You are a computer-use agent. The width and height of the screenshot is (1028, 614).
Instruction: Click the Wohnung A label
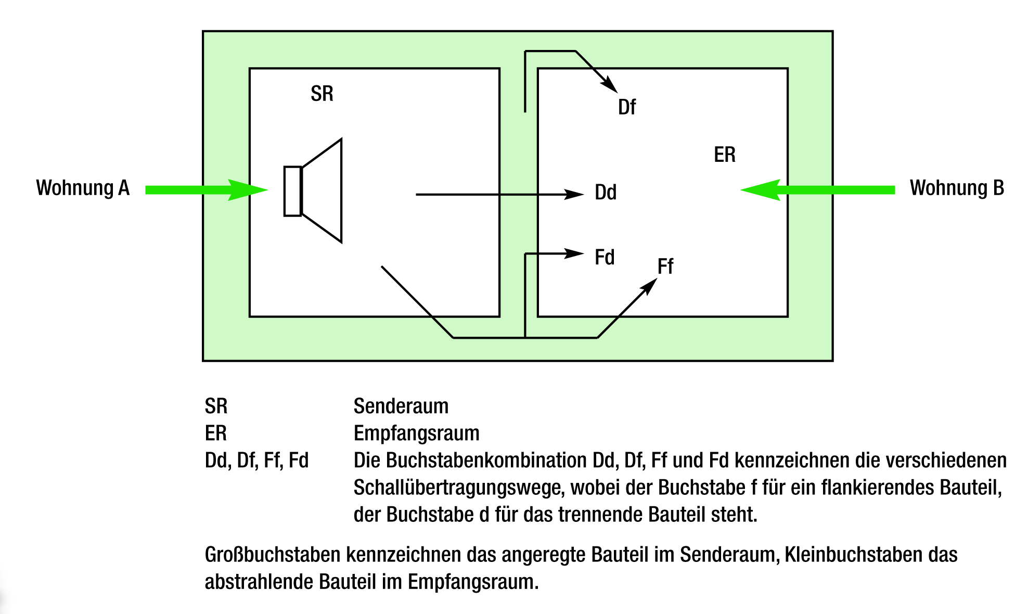coord(83,188)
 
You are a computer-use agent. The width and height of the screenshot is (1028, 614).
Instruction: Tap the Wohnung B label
coord(956,188)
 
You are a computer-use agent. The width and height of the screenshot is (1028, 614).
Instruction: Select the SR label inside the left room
coord(322,94)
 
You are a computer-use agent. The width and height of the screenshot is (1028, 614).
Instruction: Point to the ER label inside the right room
coord(724,155)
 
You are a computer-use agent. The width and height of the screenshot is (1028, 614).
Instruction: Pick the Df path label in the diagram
coord(626,108)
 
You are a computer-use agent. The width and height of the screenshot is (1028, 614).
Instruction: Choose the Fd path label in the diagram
coord(605,258)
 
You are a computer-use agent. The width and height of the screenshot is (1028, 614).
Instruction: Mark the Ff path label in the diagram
coord(665,267)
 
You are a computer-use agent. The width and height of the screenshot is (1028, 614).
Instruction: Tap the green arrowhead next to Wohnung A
coord(248,190)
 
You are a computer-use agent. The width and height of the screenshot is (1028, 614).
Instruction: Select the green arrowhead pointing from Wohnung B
coord(761,190)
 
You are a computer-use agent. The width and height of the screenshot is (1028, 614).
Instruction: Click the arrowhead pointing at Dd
coord(574,195)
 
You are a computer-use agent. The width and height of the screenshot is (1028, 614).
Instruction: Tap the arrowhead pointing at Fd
coord(574,254)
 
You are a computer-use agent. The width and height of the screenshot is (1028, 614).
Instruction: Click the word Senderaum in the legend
coord(401,406)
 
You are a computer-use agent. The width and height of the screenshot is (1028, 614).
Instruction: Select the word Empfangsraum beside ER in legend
coord(416,433)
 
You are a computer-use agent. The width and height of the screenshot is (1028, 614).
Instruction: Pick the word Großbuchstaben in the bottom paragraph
coord(273,555)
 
